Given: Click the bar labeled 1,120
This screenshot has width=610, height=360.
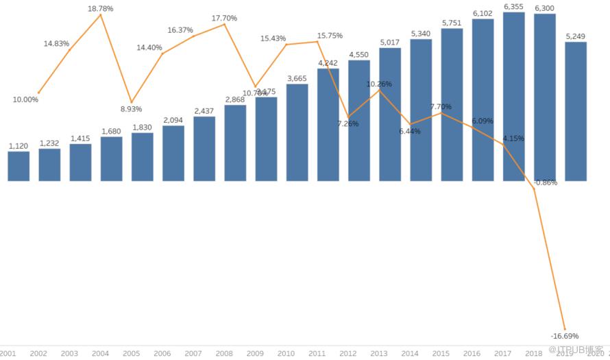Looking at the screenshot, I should (x=19, y=166).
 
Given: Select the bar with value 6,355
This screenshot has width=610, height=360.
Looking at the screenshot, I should (x=514, y=96).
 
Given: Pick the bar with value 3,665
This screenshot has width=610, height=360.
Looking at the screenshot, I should (x=297, y=132).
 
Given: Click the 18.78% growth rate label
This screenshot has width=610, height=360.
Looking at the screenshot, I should (x=101, y=8).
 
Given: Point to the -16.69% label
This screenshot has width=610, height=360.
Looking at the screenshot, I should (x=565, y=336).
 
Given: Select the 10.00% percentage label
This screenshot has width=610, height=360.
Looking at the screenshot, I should (x=25, y=99).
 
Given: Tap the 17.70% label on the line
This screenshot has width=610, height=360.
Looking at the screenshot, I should (x=224, y=19).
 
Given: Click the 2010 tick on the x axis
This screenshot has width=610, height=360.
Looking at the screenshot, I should (x=286, y=354).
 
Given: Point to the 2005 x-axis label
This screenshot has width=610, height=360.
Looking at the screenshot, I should (x=132, y=354).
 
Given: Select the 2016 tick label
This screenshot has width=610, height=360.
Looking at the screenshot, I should (x=472, y=354).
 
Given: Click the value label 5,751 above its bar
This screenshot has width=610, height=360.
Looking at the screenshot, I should (x=452, y=23).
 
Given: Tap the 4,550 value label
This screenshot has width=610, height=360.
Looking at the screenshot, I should (x=359, y=54).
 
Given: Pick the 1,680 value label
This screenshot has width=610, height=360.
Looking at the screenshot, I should (x=111, y=131).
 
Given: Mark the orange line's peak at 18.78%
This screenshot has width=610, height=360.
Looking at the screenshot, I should (x=101, y=14).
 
